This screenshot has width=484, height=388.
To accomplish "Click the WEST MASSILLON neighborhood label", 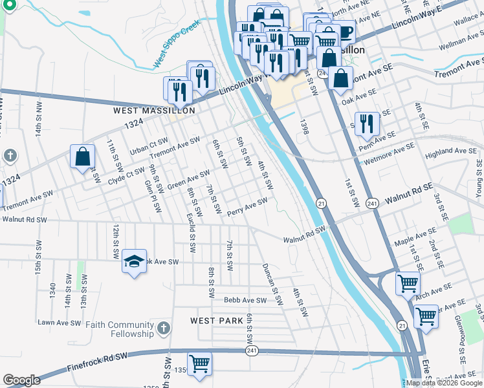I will (154, 111).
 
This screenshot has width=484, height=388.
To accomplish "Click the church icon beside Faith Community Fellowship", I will (164, 329).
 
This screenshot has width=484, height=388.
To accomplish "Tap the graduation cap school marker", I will (134, 261).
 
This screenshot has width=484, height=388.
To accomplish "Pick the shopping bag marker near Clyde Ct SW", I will (83, 156).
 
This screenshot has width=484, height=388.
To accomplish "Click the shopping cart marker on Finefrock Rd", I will (199, 363).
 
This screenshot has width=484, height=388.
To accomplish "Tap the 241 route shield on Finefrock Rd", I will (252, 350).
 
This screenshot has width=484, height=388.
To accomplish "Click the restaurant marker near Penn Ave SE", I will (367, 123).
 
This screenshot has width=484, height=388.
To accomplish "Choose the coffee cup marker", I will (343, 32).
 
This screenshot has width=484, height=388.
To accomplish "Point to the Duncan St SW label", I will (272, 283).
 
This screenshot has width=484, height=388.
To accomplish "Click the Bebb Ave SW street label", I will (245, 300).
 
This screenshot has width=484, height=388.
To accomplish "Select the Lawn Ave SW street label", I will (60, 322).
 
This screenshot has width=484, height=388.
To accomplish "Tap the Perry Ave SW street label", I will (247, 207).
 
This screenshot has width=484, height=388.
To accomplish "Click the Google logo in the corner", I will (21, 380).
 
